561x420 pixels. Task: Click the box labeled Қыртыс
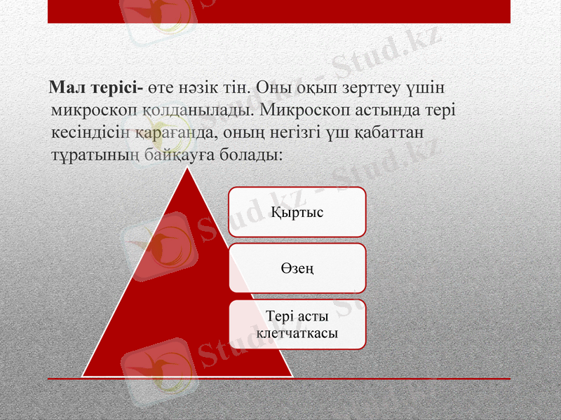pyautogui.click(x=297, y=211)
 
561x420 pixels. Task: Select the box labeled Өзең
pyautogui.click(x=297, y=267)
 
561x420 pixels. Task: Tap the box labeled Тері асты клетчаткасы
pyautogui.click(x=297, y=324)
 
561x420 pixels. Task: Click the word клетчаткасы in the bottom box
pyautogui.click(x=297, y=332)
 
